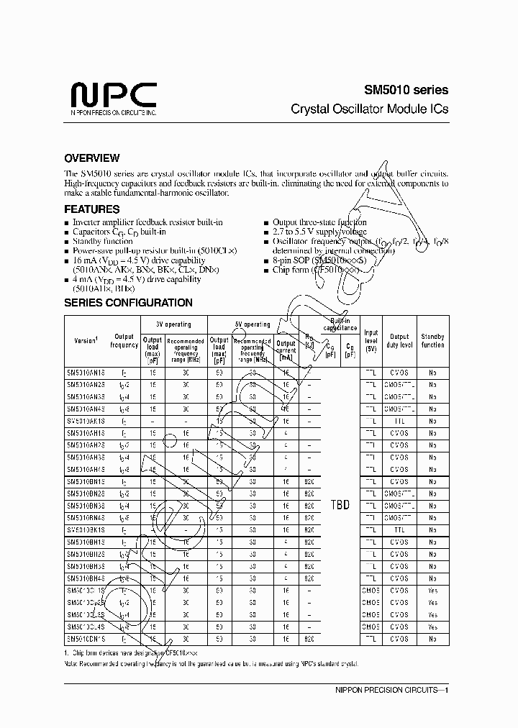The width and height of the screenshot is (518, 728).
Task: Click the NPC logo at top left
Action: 113,96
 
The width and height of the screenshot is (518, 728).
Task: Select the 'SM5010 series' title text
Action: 404,90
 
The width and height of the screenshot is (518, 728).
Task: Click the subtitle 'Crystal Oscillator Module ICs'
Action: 369,109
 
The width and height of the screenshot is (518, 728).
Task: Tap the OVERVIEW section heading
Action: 91,158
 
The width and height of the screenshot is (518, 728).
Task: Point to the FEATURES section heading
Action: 91,209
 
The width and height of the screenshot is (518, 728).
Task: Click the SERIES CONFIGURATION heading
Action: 128,303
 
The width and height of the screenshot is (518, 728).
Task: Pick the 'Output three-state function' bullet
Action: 319,222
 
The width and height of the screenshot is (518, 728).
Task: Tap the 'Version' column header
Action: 86,340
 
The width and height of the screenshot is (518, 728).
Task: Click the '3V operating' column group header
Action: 173,324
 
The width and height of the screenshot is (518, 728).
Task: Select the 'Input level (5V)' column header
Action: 371,340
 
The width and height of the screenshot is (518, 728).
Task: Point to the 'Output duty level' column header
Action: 399,340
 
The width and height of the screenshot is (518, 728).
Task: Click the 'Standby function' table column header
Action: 432,340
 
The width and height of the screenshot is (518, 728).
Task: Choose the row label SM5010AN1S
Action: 86,373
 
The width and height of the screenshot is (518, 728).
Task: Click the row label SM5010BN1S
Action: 86,482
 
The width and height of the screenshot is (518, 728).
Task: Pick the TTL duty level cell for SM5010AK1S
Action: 399,422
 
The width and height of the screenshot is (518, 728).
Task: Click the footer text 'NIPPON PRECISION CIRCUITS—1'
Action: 392,691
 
